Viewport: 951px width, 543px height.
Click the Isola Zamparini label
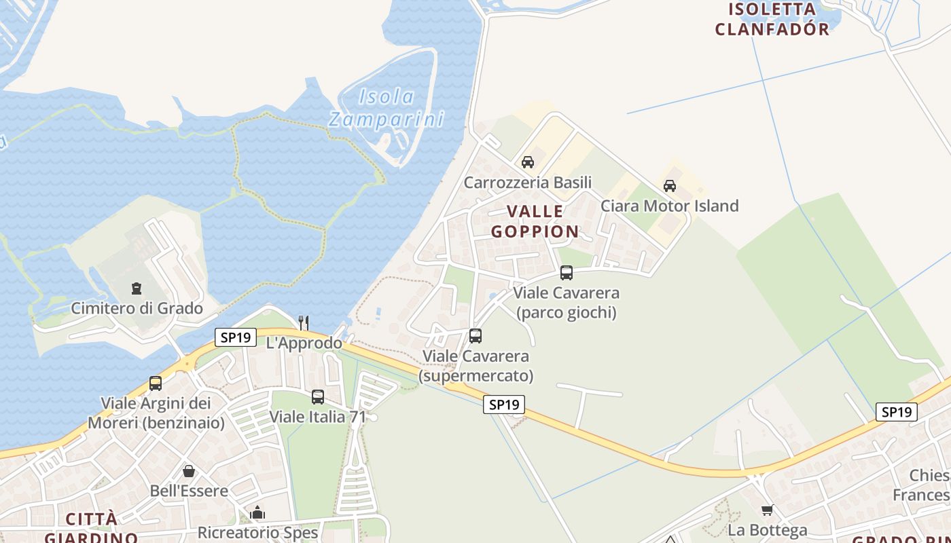click(x=386, y=109)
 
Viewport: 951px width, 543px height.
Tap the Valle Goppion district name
click(x=535, y=221)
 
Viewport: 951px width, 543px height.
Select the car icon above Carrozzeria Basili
click(x=528, y=162)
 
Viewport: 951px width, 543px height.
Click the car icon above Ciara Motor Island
click(x=670, y=186)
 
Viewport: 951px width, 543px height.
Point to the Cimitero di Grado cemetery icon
click(x=137, y=288)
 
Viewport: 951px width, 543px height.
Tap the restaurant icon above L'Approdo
click(x=304, y=322)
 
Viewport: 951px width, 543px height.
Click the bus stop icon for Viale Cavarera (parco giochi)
click(x=567, y=273)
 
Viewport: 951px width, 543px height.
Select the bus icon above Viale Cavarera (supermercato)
click(x=475, y=336)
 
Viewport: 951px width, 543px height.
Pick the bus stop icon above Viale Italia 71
click(x=318, y=397)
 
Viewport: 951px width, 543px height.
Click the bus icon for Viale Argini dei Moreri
click(x=156, y=383)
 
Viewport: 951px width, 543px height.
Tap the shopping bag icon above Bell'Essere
click(x=189, y=470)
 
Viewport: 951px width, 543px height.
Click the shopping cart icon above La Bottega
click(x=768, y=510)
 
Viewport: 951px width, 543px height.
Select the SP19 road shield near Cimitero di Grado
click(x=235, y=337)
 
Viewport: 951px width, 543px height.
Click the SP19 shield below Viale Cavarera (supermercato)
click(x=504, y=405)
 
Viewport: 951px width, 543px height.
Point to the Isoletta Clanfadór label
click(x=772, y=19)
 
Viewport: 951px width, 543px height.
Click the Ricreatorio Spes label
click(x=257, y=533)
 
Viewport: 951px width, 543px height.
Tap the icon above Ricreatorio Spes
click(x=257, y=512)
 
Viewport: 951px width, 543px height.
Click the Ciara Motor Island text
click(x=669, y=206)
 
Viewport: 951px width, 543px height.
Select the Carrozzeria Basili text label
click(x=528, y=182)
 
